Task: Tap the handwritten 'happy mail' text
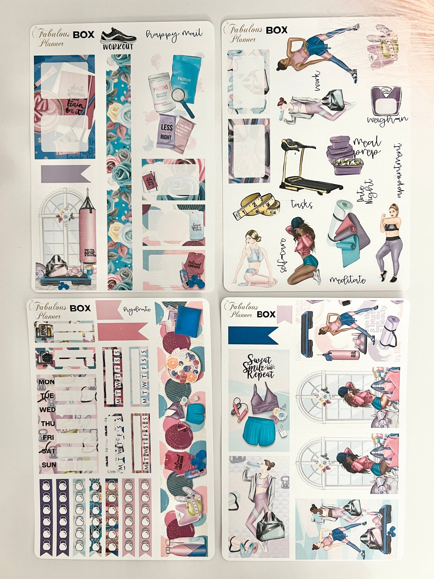[x=174, y=35]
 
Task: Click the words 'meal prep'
[x=367, y=147]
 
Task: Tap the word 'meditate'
[x=348, y=280]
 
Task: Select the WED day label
[x=47, y=410]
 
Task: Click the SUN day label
[x=49, y=465]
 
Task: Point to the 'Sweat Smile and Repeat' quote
[x=258, y=367]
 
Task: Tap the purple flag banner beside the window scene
[x=65, y=174]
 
